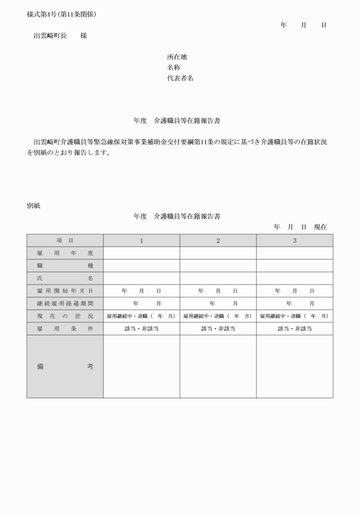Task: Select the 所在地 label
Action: coord(177,57)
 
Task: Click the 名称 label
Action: coord(173,67)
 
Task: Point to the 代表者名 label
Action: coord(180,78)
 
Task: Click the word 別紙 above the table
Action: coord(33,206)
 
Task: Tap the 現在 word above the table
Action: coord(320,227)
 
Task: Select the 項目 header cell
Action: coord(65,241)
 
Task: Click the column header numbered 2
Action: coord(218,241)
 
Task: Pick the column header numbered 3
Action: coord(294,241)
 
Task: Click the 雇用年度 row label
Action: coord(65,253)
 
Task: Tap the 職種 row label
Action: coord(65,266)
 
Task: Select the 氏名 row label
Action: coord(65,278)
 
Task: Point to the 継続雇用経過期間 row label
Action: coord(65,303)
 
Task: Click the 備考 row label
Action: coord(65,366)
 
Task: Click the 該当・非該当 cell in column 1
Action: coord(141,329)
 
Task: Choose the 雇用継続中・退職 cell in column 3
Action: coord(294,316)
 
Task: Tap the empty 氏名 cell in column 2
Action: coord(218,278)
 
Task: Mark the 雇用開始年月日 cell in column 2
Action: coord(218,291)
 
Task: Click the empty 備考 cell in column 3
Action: coord(294,366)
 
